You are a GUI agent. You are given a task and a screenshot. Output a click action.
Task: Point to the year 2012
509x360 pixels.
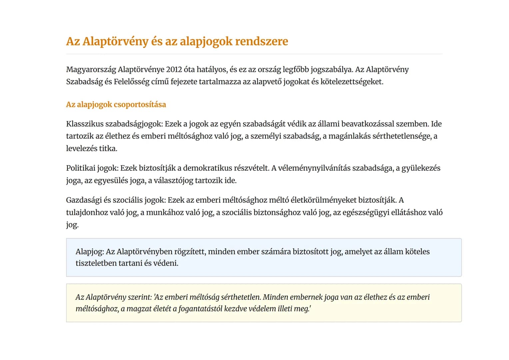point(174,70)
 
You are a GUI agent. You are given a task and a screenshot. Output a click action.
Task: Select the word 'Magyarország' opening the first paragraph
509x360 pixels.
point(91,70)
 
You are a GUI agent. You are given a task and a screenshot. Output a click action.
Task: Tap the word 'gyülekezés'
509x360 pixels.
point(421,168)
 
